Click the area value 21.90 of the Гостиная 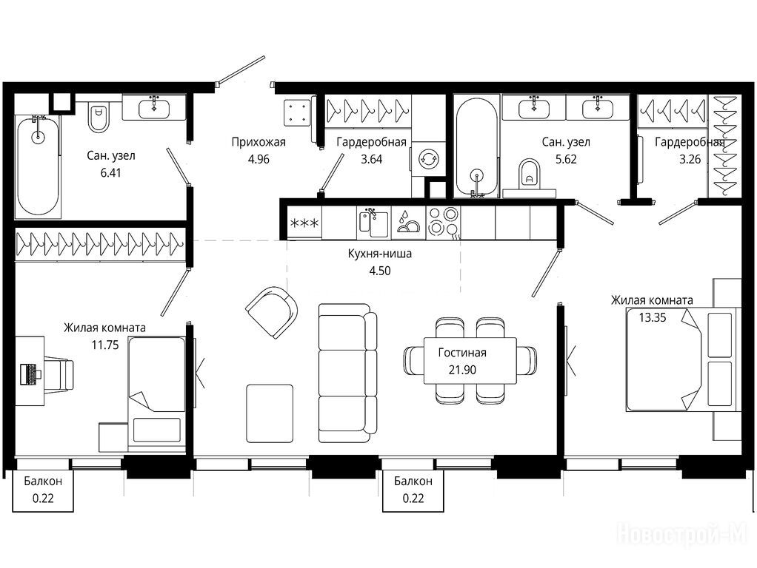pyautogui.click(x=462, y=370)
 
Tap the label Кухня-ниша pyautogui.click(x=379, y=254)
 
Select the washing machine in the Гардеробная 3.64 pyautogui.click(x=427, y=158)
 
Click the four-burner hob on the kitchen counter pyautogui.click(x=443, y=222)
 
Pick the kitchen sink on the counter pyautogui.click(x=373, y=222)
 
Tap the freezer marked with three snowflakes pyautogui.click(x=304, y=223)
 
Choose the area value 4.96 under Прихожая pyautogui.click(x=259, y=159)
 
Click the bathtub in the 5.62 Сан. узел pyautogui.click(x=476, y=146)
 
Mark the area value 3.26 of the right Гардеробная pyautogui.click(x=690, y=159)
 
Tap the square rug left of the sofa pyautogui.click(x=270, y=413)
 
